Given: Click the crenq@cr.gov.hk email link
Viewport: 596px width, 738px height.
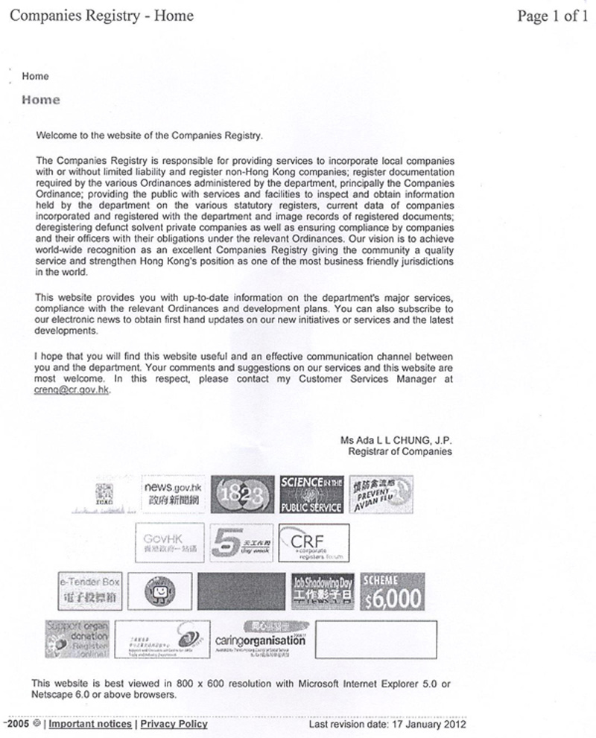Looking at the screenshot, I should point(72,390).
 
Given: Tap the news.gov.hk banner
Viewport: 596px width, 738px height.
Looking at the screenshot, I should point(173,494).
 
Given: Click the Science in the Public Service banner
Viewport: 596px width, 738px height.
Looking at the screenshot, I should point(311,494).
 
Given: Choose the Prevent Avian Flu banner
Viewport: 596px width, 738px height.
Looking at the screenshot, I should point(381,494).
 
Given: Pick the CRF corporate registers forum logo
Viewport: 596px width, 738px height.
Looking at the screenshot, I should point(313,543).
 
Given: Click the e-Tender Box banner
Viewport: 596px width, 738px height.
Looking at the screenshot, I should point(89,591).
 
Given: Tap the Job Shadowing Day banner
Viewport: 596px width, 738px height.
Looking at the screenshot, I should point(322,591).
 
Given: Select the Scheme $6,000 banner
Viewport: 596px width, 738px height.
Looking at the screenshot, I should point(392,591).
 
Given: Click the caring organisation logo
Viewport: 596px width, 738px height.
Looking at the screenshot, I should point(260,639).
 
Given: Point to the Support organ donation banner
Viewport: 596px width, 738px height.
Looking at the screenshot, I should point(77,638).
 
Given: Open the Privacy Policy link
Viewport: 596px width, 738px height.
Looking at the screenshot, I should point(174,724).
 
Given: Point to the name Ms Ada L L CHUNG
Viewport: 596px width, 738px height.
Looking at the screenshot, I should point(396,440).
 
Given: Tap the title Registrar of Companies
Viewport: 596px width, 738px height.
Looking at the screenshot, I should point(399,451).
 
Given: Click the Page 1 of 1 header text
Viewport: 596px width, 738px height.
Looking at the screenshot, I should point(552,16).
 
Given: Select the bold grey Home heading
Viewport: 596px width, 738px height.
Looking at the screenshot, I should point(41,100).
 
